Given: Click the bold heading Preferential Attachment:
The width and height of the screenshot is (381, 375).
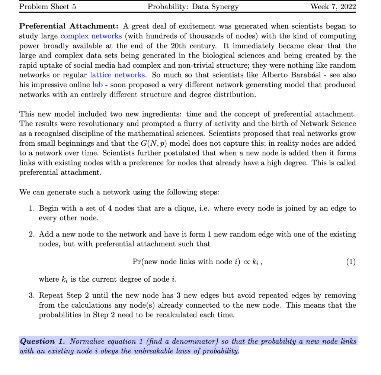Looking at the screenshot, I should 69,26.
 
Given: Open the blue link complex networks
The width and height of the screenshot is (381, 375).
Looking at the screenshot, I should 91,36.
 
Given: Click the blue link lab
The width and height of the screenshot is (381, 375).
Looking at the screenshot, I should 97,84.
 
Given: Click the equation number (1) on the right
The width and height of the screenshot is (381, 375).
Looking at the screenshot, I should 350,262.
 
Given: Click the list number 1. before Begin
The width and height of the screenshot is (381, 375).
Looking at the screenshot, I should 32,208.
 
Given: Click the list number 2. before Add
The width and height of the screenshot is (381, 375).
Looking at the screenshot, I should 32,235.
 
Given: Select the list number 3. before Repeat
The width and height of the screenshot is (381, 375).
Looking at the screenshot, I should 32,296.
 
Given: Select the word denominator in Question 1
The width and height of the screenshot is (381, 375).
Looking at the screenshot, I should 195,341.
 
